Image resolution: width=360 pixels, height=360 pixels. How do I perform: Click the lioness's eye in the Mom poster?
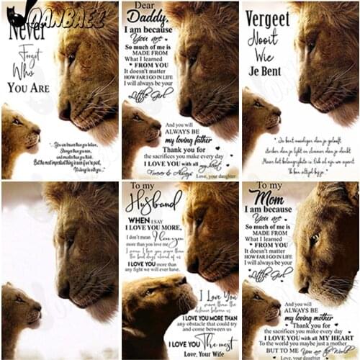[315, 238]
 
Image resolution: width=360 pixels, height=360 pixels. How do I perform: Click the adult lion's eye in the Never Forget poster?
[71, 57]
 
